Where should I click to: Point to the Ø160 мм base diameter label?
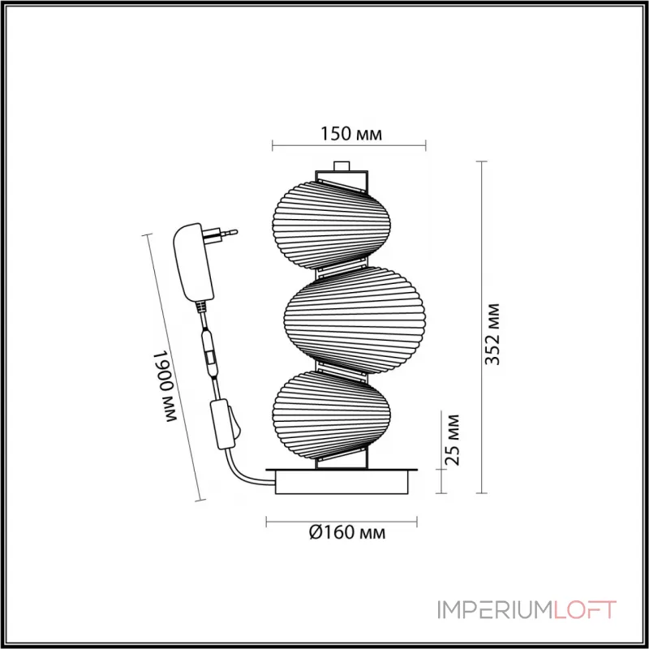pos(346,533)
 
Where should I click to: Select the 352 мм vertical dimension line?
pos(483,324)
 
